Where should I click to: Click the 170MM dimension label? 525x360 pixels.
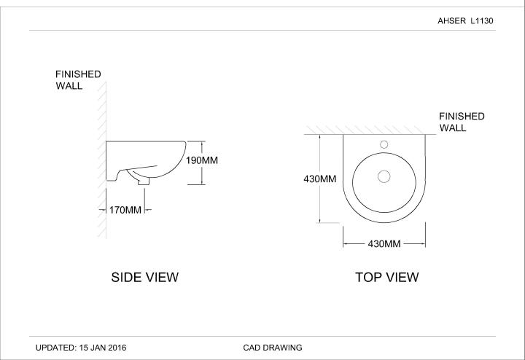(x=125, y=210)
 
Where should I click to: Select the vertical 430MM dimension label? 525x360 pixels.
(x=319, y=179)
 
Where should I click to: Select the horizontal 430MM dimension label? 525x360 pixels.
(x=384, y=243)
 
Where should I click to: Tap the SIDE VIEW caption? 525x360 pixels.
(x=144, y=277)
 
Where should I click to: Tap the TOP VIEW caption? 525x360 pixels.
(x=386, y=277)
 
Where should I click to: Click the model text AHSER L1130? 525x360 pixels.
(x=465, y=21)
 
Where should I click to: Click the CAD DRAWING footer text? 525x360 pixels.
(x=272, y=348)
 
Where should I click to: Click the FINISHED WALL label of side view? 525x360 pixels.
(x=78, y=80)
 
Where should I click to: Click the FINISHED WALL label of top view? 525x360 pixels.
(x=462, y=122)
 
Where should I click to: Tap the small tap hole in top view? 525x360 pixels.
(x=384, y=145)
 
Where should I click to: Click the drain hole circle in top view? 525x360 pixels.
(x=384, y=176)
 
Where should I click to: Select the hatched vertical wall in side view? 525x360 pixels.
(x=103, y=160)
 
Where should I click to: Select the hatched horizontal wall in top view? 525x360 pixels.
(x=365, y=130)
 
